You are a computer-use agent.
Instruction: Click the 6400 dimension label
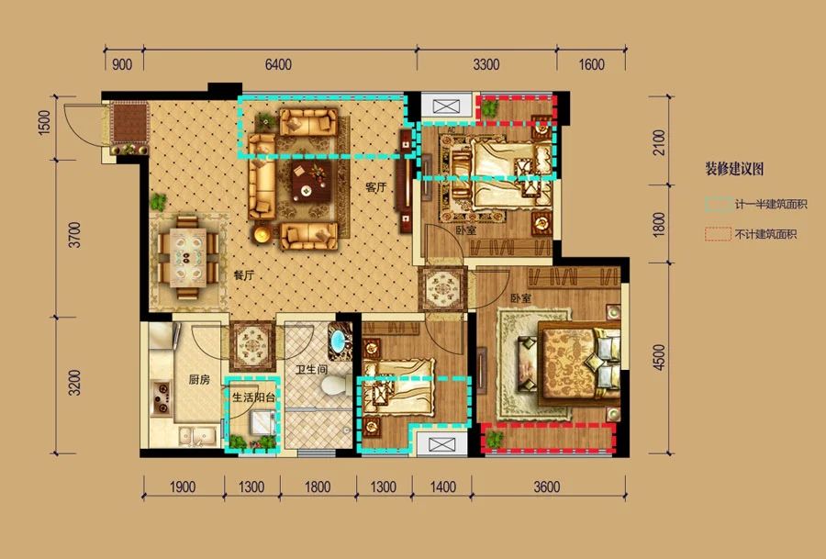[278, 65]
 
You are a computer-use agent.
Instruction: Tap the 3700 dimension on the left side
[76, 235]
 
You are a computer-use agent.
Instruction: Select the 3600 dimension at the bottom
[546, 486]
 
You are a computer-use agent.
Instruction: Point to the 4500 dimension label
[659, 358]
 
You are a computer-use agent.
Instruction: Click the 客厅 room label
[376, 187]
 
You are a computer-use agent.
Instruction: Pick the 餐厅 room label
[244, 275]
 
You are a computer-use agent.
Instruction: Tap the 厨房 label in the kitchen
[200, 379]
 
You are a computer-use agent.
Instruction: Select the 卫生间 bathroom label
[311, 369]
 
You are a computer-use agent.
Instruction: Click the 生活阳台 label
[254, 397]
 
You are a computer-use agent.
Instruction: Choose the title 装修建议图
[734, 169]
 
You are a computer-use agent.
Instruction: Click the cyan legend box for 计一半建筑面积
[718, 205]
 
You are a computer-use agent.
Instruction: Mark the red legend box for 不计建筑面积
[718, 234]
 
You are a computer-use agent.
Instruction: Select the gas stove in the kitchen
[162, 397]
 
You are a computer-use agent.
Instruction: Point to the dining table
[188, 258]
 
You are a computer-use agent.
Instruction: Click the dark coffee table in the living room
[311, 181]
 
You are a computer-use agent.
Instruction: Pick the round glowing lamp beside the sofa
[262, 234]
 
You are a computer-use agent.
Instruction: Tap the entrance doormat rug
[129, 123]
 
